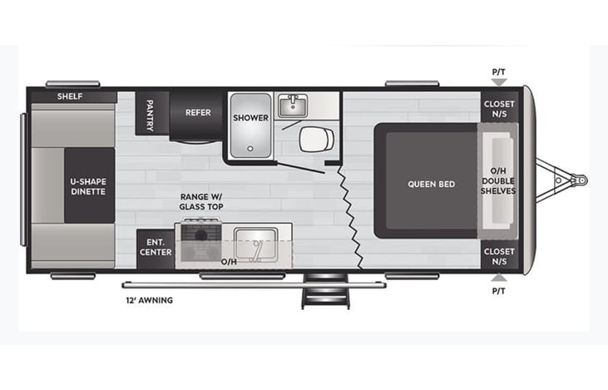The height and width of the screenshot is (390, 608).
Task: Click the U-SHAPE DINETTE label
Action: (88, 185)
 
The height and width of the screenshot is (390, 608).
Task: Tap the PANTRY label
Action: (150, 111)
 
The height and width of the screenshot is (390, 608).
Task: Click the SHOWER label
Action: (250, 117)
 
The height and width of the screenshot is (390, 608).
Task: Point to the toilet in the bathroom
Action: (315, 139)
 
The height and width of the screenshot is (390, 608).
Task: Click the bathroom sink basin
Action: (293, 106)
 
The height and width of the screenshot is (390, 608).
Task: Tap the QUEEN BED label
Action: (431, 184)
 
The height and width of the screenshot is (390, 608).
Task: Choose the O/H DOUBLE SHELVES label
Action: (498, 181)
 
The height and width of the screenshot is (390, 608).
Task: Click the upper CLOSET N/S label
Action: (499, 109)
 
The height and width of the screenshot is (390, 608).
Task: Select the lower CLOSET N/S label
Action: (499, 256)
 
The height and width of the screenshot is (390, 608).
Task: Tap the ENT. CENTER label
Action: (156, 247)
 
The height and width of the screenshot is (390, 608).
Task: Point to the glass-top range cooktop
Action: (200, 241)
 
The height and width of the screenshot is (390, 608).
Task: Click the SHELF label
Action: (69, 96)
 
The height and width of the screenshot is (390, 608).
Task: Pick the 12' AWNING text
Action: (150, 300)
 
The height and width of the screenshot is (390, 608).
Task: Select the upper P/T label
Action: (498, 72)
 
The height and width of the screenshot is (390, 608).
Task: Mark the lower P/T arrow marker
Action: (498, 279)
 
